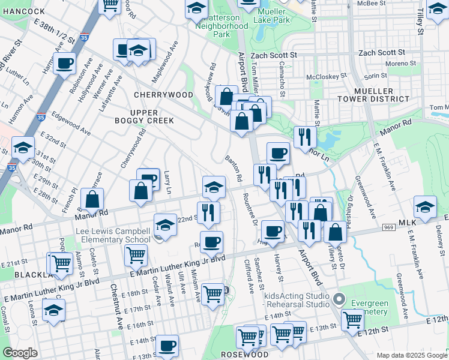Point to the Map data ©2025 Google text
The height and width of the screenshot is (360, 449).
pyautogui.click(x=411, y=355)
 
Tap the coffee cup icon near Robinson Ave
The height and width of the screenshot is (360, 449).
pyautogui.click(x=64, y=62)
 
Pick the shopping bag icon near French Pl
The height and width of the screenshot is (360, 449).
pyautogui.click(x=92, y=199)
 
